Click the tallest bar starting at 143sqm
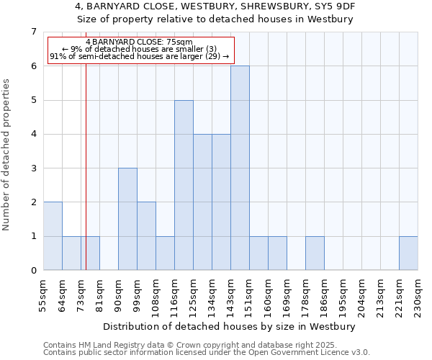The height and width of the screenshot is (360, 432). pyautogui.click(x=240, y=168)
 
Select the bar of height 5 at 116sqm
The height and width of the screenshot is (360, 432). pyautogui.click(x=184, y=185)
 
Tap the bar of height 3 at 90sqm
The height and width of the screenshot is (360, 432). pyautogui.click(x=127, y=219)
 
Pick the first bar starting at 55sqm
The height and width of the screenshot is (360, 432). pyautogui.click(x=53, y=236)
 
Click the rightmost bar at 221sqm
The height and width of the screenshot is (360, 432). pyautogui.click(x=408, y=253)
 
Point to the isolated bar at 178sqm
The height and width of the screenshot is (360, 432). pyautogui.click(x=315, y=253)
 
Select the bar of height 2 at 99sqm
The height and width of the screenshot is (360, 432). pyautogui.click(x=146, y=236)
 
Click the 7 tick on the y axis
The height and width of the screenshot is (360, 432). pyautogui.click(x=33, y=32)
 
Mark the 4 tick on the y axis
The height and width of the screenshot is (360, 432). pyautogui.click(x=33, y=134)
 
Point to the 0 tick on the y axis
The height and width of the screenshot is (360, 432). pyautogui.click(x=33, y=270)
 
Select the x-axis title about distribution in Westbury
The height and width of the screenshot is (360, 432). pyautogui.click(x=230, y=326)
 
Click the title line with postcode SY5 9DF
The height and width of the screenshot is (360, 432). pyautogui.click(x=216, y=6)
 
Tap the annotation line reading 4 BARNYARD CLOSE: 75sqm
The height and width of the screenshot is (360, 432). pyautogui.click(x=139, y=42)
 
